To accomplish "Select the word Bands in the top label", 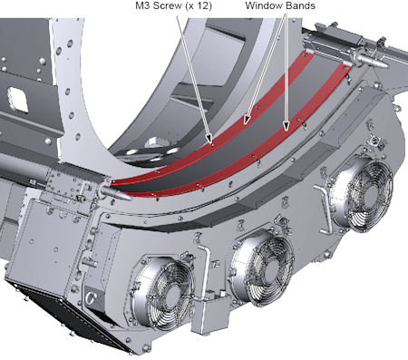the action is coord(300,5).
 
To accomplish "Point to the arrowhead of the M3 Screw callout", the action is coord(209,139).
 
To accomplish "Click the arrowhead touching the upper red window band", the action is coord(248,120).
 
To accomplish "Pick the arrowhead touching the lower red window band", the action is coord(286,126).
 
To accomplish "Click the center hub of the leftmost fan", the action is coord(172,293).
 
